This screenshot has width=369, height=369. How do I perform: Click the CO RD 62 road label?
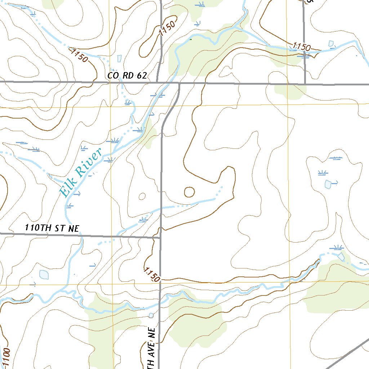coord(127,76)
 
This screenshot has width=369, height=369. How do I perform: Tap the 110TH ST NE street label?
coord(52,228)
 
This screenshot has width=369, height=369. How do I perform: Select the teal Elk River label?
coord(81,173)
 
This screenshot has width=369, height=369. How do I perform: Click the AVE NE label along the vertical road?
coord(151,348)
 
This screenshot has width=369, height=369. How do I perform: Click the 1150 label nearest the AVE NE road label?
coord(152,274)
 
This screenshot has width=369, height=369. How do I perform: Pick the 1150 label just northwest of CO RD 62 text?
coord(80,56)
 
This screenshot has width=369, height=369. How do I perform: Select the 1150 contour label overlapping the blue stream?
coord(302,47)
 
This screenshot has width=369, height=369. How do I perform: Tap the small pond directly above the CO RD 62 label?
coord(119,58)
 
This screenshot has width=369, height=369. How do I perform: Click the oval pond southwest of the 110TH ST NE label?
coord(44,274)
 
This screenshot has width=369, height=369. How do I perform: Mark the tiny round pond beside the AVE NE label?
coord(151,315)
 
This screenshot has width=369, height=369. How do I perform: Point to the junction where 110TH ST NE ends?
coord(160,237)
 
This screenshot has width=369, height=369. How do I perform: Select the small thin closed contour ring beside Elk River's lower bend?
coord(142,196)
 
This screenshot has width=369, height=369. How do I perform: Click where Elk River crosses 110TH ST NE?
coord(80,235)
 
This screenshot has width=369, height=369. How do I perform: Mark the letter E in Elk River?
coord(65,193)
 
